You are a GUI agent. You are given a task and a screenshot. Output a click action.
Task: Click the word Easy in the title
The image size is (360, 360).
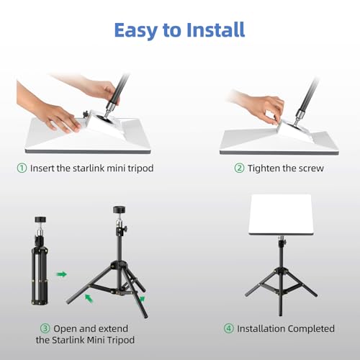point(135,30)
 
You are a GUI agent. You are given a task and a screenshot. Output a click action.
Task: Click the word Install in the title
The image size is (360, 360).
point(215,30)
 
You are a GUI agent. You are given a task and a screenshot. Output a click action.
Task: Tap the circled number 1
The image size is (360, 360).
point(22,168)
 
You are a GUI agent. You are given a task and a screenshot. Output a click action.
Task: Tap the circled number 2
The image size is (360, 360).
point(239,168)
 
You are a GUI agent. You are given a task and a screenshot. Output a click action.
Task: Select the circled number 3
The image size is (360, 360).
point(45,328)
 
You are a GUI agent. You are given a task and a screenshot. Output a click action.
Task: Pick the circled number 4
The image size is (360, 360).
point(229,328)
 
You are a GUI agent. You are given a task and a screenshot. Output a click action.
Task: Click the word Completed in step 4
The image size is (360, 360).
point(311,329)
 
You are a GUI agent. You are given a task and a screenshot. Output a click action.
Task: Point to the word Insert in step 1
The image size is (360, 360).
point(42,168)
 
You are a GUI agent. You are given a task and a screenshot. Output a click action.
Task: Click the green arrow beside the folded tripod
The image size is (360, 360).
point(62,274)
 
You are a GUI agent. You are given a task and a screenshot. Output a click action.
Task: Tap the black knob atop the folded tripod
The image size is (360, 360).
point(40,220)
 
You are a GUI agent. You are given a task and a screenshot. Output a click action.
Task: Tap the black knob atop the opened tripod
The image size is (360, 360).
point(120,210)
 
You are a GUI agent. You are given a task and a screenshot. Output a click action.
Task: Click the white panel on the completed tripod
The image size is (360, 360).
point(280,215)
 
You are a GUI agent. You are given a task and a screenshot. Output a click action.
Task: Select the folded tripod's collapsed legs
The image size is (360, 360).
point(40,276)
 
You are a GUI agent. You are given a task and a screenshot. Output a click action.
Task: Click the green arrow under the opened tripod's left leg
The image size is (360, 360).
point(89,298)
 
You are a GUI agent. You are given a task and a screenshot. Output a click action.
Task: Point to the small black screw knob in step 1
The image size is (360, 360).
point(85,114)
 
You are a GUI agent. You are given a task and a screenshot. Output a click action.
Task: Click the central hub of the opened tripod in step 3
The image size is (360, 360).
point(120,265)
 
